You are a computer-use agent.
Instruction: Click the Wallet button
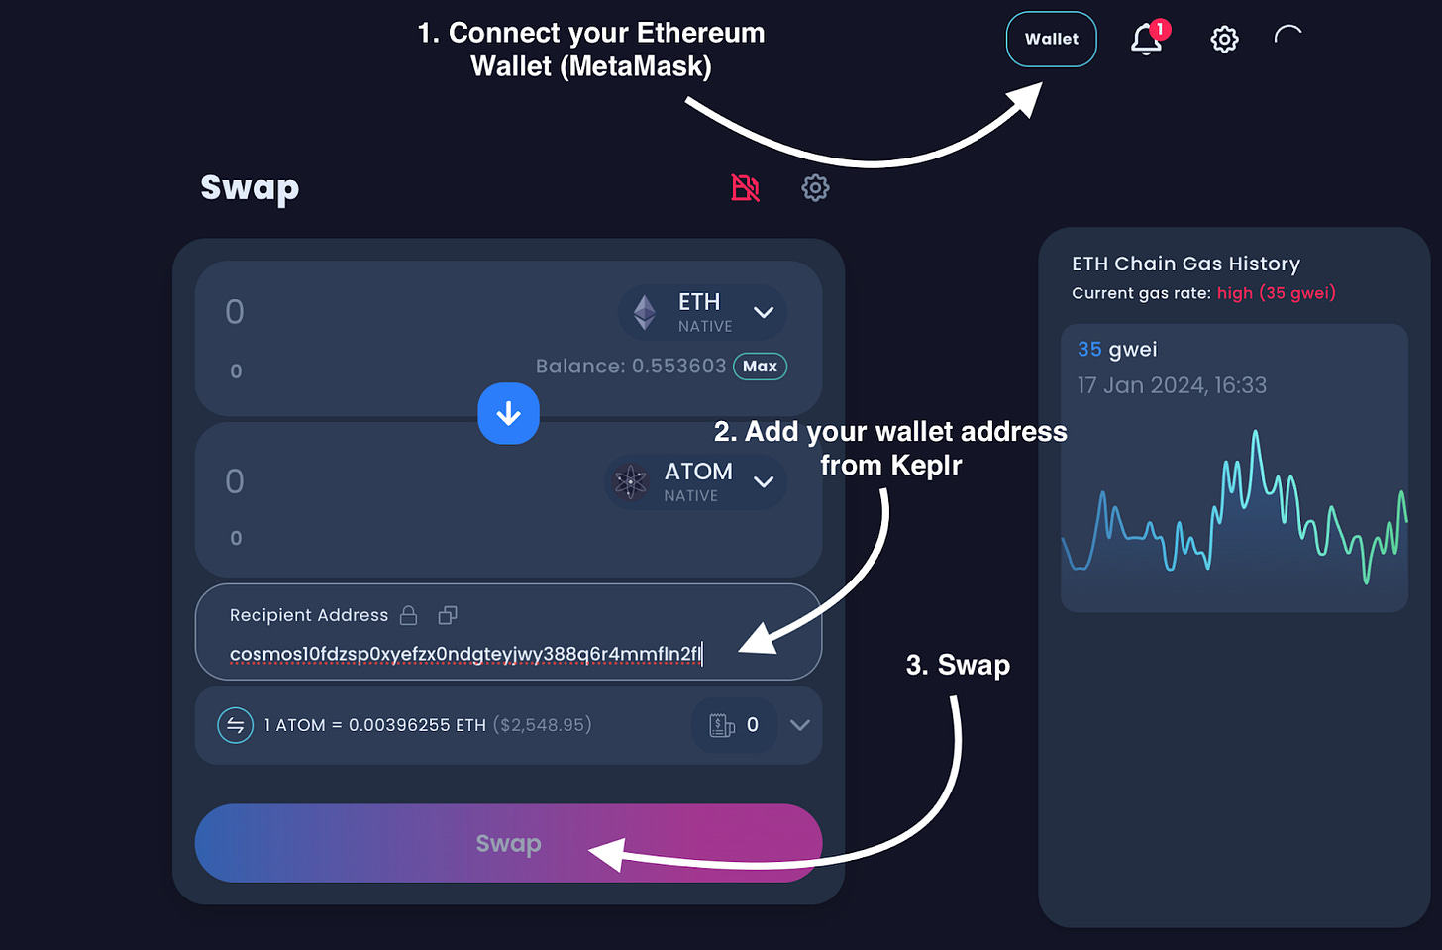click(x=1051, y=40)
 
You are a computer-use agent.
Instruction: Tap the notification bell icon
click(x=1146, y=40)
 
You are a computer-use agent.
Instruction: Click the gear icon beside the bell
click(x=1224, y=40)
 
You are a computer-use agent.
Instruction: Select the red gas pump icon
click(x=745, y=187)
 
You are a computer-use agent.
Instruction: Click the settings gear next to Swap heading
click(x=815, y=187)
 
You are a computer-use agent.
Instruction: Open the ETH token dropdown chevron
click(x=764, y=312)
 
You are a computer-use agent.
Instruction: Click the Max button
click(x=760, y=367)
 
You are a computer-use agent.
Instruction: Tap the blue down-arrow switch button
click(x=508, y=413)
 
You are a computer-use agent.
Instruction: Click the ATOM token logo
click(x=630, y=482)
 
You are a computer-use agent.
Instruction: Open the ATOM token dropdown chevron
click(x=764, y=482)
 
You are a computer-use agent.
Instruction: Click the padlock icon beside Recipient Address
click(x=408, y=615)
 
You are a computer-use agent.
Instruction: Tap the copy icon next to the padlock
click(x=448, y=615)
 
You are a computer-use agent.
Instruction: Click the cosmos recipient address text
click(x=464, y=654)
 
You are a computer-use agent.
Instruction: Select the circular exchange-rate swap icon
click(x=235, y=725)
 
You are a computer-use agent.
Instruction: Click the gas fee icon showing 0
click(x=722, y=725)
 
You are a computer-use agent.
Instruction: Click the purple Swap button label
click(x=508, y=843)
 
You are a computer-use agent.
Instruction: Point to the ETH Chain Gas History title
click(x=1185, y=264)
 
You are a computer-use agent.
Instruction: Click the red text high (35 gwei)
click(x=1276, y=293)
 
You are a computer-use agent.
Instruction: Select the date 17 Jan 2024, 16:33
click(x=1172, y=385)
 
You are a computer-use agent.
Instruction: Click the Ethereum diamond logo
click(x=645, y=312)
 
